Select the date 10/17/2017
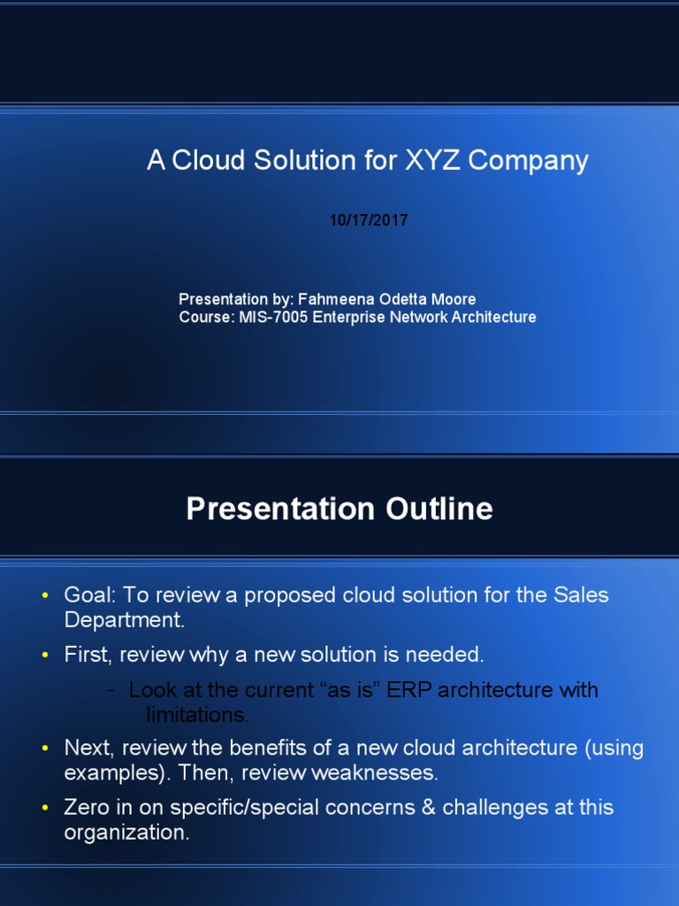(369, 221)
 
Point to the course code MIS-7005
(274, 317)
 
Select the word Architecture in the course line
(495, 317)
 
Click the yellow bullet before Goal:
(45, 596)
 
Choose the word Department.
(124, 620)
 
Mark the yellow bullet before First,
(45, 656)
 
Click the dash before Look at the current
(110, 691)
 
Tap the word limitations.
(197, 714)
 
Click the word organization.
(126, 833)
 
